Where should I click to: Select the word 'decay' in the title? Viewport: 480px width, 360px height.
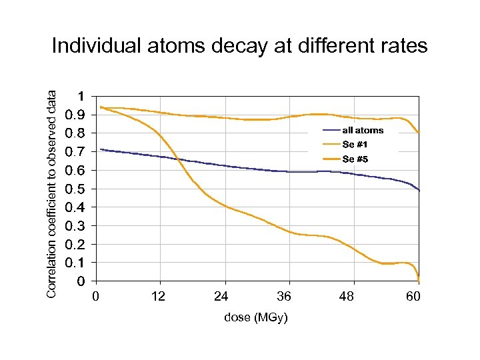point(240,46)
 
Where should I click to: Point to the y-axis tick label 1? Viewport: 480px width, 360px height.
point(81,96)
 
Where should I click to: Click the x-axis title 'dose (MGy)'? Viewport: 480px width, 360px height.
point(256,318)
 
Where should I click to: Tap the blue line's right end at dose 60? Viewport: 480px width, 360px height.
point(419,191)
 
